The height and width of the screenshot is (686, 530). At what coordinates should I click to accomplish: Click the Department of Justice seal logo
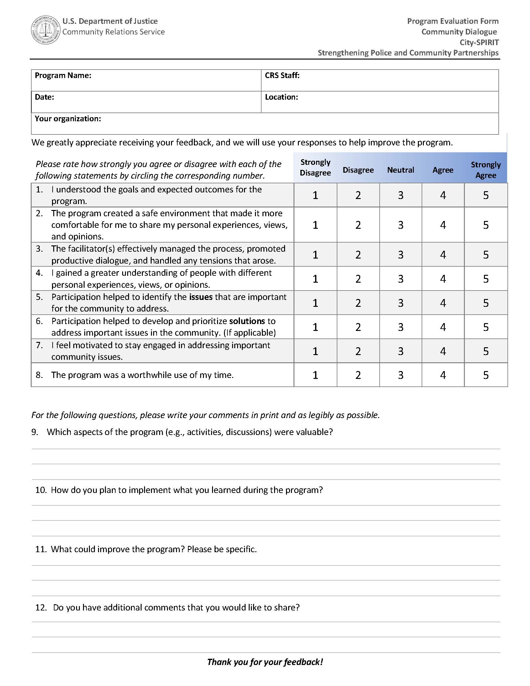point(46,30)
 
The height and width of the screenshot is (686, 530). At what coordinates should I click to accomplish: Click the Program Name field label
point(63,76)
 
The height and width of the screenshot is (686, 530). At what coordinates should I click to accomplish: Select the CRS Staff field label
point(282,76)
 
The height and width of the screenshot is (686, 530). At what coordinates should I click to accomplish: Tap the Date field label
point(44,97)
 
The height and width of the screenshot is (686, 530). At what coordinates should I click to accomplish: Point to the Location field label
point(281,97)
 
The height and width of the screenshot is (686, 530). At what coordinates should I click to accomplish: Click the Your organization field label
point(68,118)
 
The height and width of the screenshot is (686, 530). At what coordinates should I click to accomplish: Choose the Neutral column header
point(400,170)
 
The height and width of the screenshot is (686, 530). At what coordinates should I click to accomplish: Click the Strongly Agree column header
point(486,170)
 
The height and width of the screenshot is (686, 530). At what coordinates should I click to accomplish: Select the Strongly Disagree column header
point(315,167)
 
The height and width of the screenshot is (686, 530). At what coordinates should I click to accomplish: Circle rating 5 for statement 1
point(486,195)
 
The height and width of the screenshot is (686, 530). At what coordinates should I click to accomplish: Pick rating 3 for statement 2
point(401,225)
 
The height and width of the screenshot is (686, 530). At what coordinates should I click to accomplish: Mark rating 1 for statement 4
point(315,279)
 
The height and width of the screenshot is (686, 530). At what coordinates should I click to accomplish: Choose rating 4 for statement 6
point(443,327)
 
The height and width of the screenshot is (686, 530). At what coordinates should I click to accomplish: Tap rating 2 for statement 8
point(358,375)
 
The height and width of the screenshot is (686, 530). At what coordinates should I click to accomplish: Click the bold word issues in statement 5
point(201,297)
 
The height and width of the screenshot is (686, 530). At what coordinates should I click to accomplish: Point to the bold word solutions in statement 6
point(247,321)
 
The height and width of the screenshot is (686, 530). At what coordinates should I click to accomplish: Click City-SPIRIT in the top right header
point(479,42)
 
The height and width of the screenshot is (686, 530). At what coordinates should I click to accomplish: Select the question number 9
point(34,432)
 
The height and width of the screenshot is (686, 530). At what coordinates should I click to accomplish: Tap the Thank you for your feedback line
point(265,662)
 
